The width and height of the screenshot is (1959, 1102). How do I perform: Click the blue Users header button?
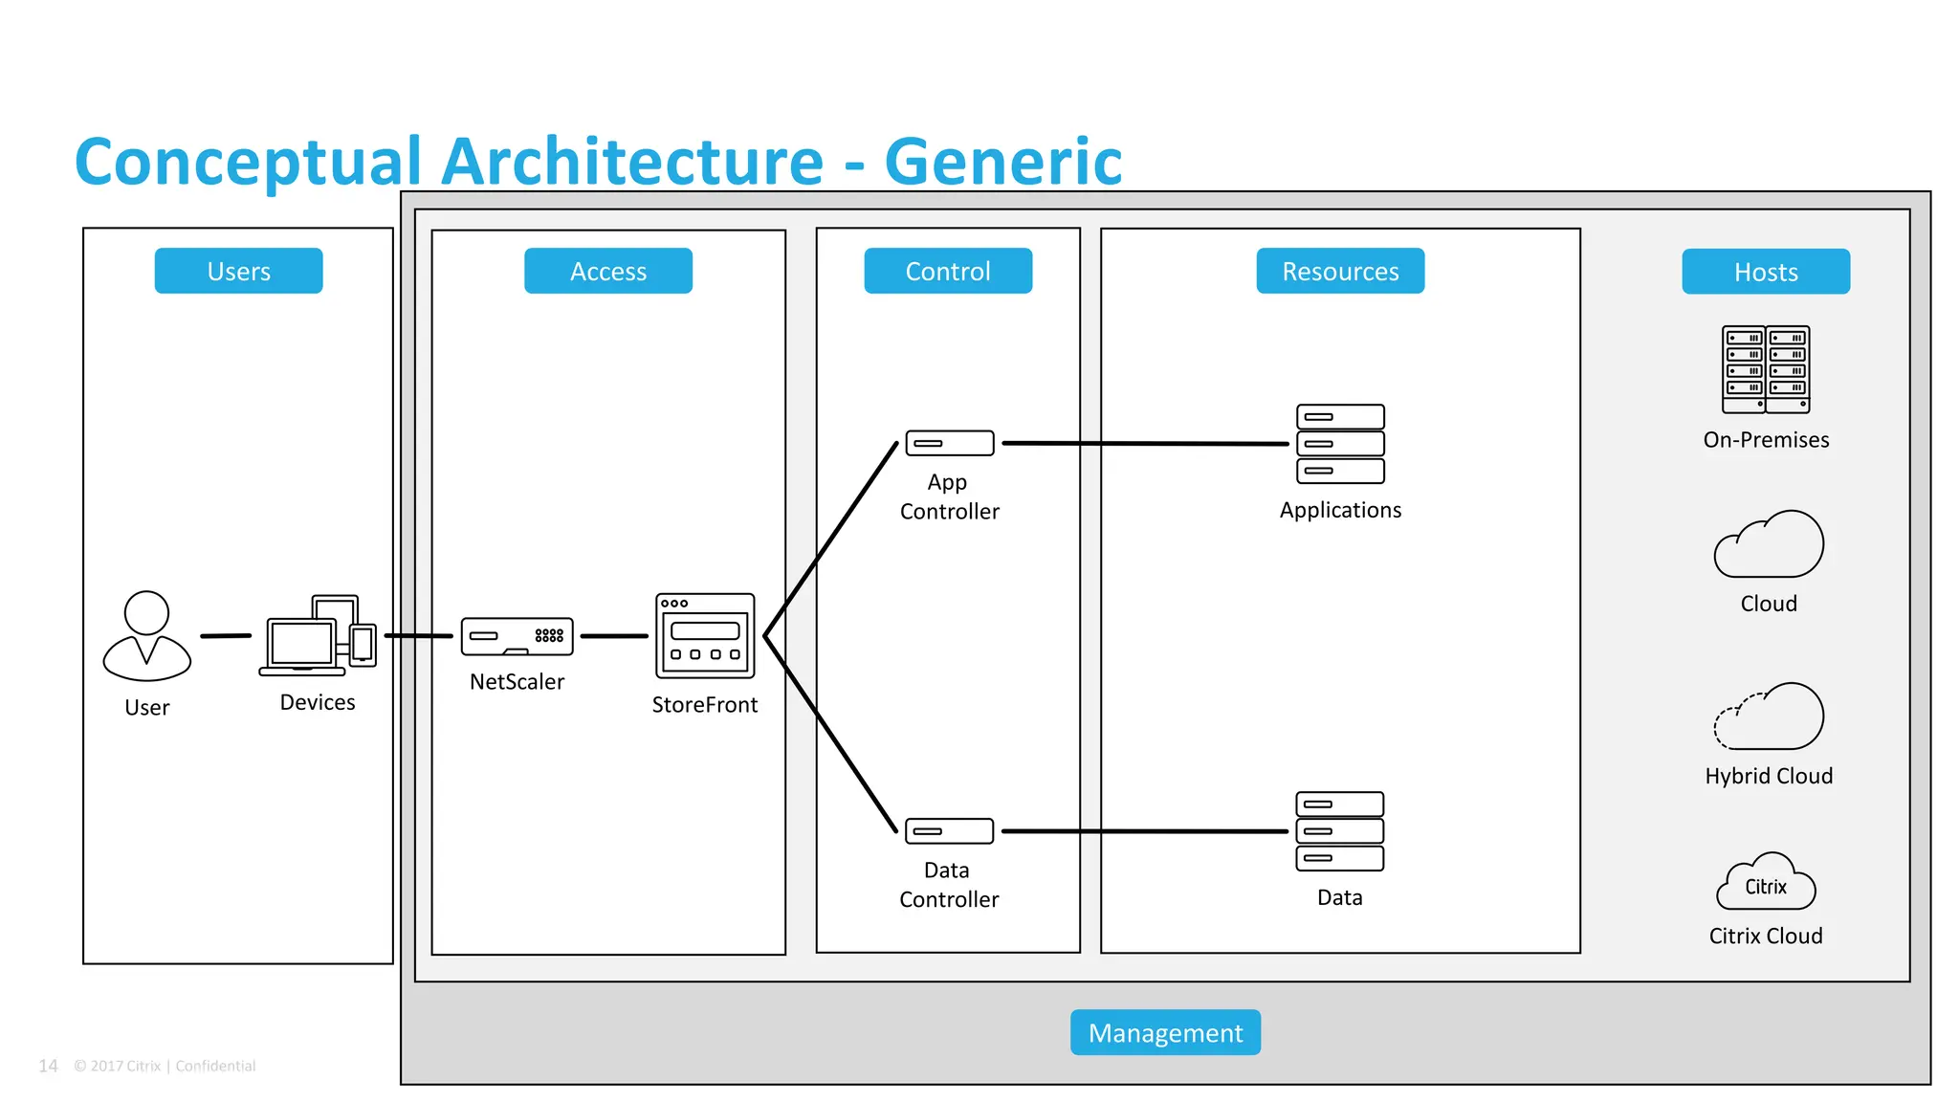tap(238, 271)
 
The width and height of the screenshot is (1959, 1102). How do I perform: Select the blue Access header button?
tap(607, 271)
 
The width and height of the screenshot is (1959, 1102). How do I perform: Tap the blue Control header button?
tap(947, 271)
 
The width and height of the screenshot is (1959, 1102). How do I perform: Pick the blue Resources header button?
tap(1339, 271)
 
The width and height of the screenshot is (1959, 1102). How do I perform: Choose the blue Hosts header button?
tap(1765, 272)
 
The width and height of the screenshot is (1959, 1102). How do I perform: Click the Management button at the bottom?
tap(1164, 1032)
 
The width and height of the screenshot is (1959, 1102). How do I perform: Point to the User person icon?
tap(146, 635)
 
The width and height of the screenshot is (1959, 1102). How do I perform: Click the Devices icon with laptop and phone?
tap(319, 635)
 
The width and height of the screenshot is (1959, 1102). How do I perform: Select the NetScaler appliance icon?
tap(517, 636)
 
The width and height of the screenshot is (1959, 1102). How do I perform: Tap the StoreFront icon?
tap(705, 635)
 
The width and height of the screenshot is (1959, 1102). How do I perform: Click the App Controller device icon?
tap(949, 443)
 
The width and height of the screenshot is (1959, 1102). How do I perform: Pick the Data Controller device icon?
tap(949, 830)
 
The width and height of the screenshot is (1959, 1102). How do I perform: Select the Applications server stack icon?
tap(1340, 444)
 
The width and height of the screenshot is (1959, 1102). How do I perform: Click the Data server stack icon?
tap(1339, 830)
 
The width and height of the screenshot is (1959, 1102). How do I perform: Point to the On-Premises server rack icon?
tap(1766, 369)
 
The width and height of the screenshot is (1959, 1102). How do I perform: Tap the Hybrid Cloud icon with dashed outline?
tap(1769, 717)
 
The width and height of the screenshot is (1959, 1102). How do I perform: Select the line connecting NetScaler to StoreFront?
tap(613, 635)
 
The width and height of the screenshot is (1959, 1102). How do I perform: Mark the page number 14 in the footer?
tap(48, 1066)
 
